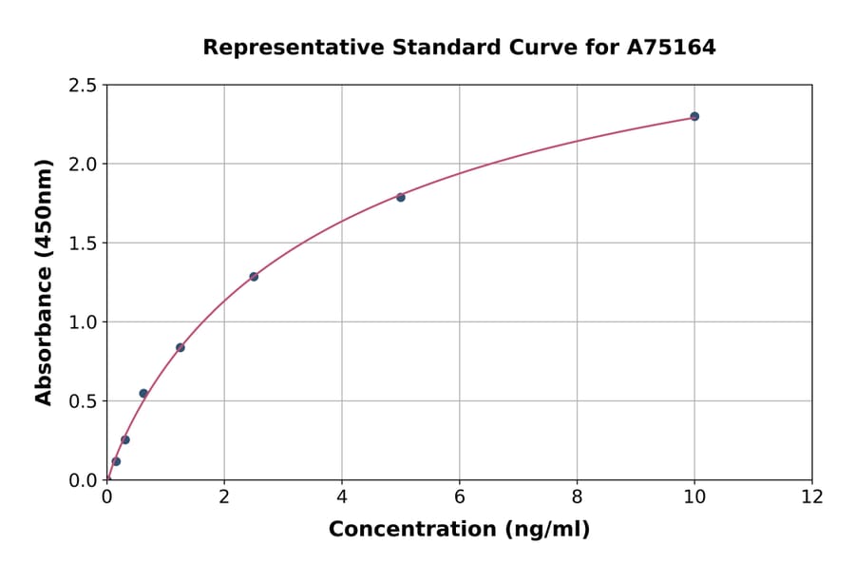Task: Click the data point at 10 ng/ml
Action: tap(694, 116)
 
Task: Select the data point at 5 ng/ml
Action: tap(401, 197)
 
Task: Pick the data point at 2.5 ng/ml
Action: tap(254, 277)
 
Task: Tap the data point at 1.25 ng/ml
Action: tap(180, 347)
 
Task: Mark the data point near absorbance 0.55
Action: tap(143, 393)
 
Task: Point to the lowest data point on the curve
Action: tap(116, 461)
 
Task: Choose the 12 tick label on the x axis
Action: tap(812, 497)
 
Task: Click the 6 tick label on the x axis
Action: tap(460, 497)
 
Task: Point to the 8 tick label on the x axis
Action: tap(577, 497)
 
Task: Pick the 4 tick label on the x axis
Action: tap(342, 497)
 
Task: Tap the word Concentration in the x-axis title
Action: tap(411, 529)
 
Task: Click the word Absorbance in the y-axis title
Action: tap(44, 334)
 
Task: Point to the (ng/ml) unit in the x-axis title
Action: tap(545, 529)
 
